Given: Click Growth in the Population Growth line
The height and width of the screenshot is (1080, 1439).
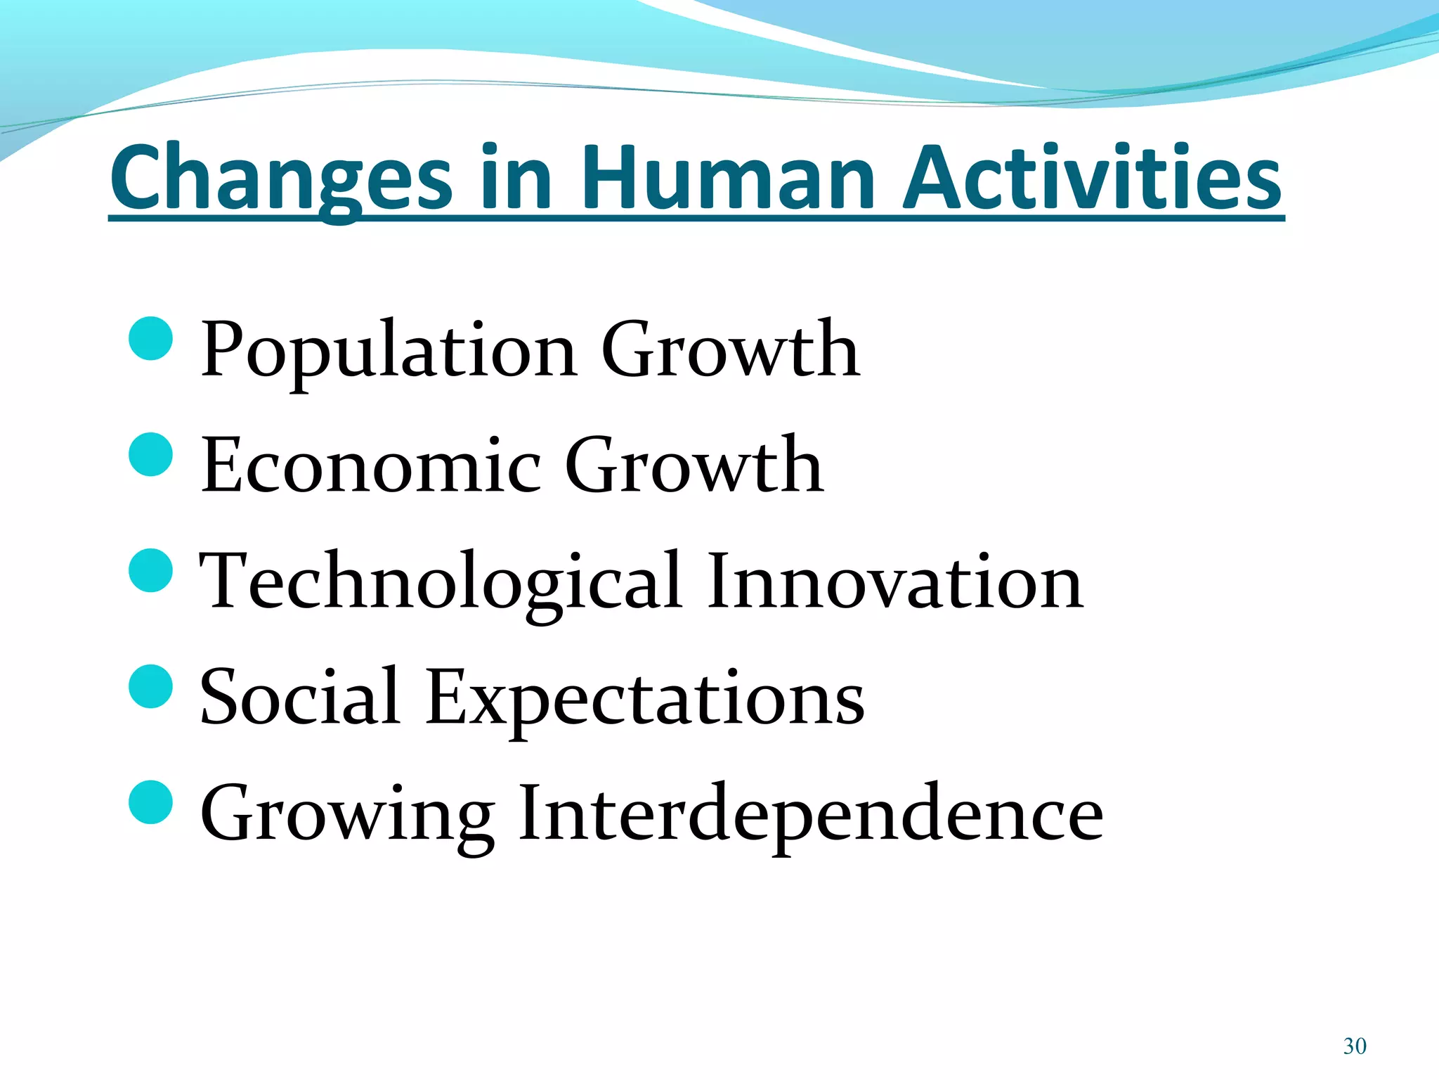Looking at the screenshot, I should coord(730,349).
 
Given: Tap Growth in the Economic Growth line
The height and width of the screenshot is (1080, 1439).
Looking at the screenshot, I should coord(694,465).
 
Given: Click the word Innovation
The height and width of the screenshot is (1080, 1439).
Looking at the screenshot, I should coord(895,581).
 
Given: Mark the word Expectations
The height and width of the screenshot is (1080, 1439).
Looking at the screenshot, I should coord(645,697).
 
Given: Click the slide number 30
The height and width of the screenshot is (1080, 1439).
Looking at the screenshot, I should coord(1354,1046).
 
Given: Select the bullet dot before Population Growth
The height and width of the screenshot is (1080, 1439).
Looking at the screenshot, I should coord(151,339).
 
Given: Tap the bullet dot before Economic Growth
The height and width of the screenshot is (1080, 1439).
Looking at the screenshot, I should coord(151,455).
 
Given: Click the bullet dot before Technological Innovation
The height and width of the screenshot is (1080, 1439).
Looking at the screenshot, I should coord(151,570).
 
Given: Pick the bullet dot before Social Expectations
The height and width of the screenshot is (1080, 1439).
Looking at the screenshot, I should coord(151,686).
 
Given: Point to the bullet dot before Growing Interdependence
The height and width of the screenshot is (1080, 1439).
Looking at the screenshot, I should coord(151,802).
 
